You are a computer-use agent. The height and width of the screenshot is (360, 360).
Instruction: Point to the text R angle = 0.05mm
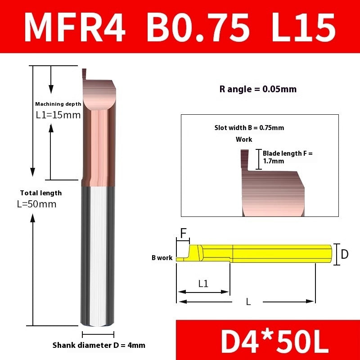[x=258, y=89]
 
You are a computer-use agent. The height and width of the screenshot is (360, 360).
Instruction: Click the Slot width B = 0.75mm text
[x=249, y=128]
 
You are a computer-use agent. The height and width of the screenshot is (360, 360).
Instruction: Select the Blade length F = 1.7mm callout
[x=287, y=157]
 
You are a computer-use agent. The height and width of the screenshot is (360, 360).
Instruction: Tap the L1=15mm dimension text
[x=58, y=115]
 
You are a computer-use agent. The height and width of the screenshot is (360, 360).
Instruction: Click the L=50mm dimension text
[x=36, y=204]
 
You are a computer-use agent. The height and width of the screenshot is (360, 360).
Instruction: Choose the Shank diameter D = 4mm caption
[x=99, y=345]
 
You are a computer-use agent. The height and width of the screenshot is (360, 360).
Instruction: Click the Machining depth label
[x=58, y=104]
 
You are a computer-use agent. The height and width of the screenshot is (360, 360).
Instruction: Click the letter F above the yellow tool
[x=183, y=233]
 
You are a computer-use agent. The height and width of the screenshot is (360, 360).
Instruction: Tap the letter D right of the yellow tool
[x=344, y=254]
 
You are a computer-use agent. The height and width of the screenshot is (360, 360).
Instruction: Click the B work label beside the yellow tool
[x=162, y=258]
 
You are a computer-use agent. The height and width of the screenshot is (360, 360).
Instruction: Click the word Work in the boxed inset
[x=244, y=139]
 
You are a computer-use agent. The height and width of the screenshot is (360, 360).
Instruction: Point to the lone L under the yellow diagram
[x=248, y=301]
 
